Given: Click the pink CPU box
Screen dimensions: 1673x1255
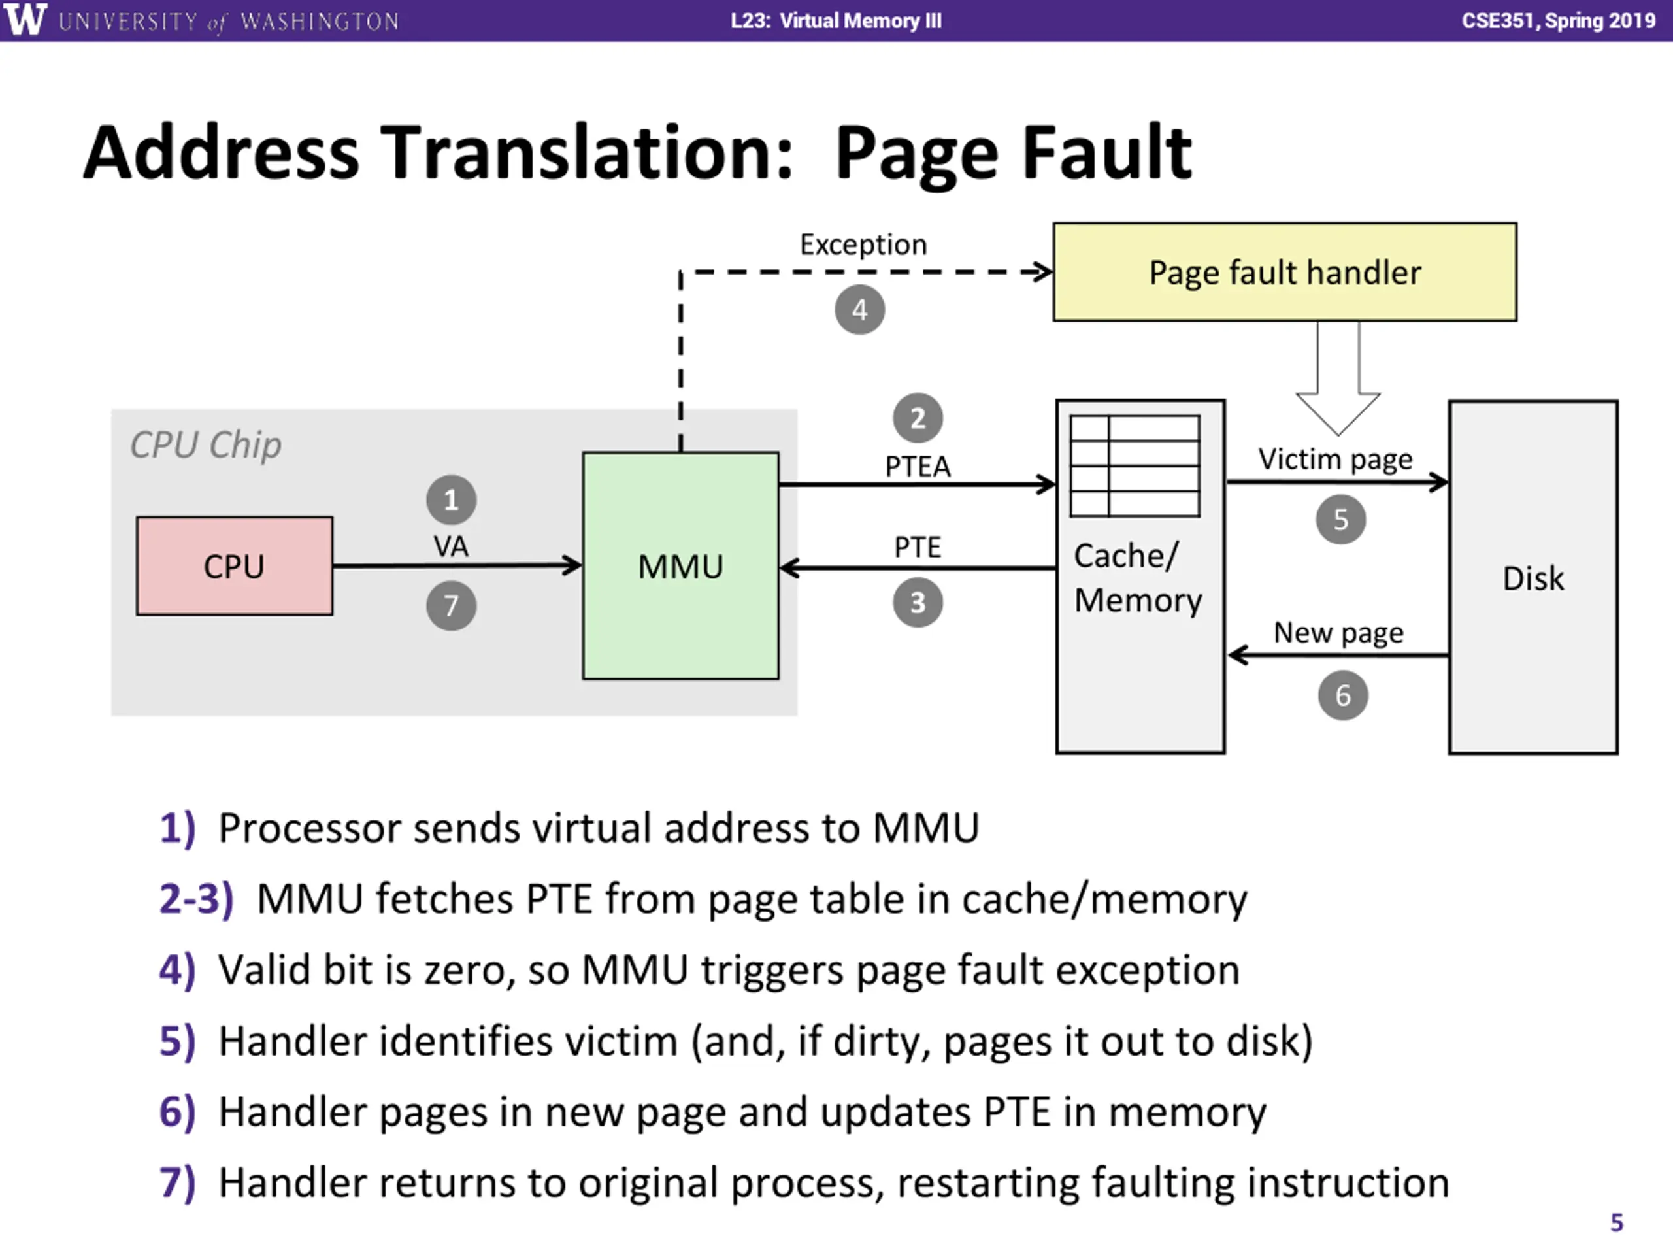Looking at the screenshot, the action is pos(235,566).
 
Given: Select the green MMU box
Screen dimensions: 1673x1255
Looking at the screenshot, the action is pos(681,566).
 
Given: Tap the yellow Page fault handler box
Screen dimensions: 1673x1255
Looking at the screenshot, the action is pos(1285,271).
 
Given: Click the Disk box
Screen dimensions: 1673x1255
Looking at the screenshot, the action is pos(1533,577).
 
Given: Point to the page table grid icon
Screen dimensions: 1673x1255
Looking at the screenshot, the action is pos(1135,466).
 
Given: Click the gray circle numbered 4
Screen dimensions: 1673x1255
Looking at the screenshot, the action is pos(860,309).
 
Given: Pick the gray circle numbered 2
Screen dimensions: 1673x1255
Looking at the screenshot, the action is pos(918,418).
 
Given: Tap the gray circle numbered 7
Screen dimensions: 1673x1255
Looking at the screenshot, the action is pos(452,605).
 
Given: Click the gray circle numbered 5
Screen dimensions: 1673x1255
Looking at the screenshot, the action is pos(1341,519).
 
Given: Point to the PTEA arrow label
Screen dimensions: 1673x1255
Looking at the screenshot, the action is pos(918,466).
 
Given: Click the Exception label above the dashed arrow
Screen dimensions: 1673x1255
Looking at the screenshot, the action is pos(863,245).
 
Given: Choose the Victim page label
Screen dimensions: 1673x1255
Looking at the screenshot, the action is pos(1335,459).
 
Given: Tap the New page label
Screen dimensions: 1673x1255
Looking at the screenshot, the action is pos(1338,633).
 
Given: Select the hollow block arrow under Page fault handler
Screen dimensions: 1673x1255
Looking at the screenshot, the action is pos(1338,378).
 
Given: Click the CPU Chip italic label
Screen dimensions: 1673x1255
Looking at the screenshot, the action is pos(206,445).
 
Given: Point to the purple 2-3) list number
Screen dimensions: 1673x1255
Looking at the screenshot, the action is pos(197,899).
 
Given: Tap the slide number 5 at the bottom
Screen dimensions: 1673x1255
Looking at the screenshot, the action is pos(1616,1222).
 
